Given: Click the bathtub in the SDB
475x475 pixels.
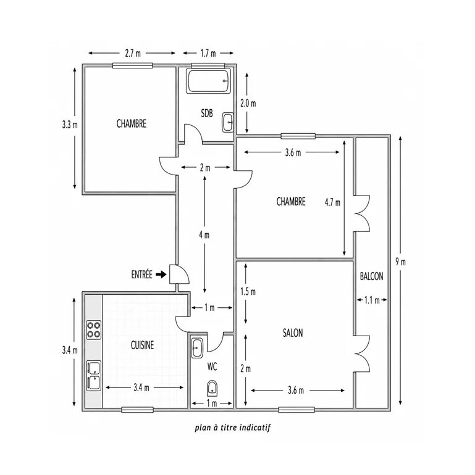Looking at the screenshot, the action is [x=209, y=81].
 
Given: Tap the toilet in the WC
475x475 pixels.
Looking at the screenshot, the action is [x=212, y=389].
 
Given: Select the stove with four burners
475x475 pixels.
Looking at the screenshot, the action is [x=93, y=330].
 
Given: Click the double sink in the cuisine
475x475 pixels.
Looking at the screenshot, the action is [x=93, y=376].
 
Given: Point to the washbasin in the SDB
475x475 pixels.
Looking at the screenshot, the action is [x=228, y=122].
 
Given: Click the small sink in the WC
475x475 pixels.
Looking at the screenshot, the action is [x=197, y=348].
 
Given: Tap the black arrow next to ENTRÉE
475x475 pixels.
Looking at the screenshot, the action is [x=161, y=275].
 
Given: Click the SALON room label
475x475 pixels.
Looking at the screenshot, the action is [x=293, y=333].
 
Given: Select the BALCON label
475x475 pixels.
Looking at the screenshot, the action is [x=372, y=276].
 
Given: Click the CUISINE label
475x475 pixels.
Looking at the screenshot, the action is [x=142, y=345].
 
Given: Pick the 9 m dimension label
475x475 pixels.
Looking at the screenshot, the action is [x=400, y=262].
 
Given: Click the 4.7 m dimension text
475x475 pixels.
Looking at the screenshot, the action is [x=332, y=202].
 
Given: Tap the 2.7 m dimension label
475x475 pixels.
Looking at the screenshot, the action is [x=133, y=53].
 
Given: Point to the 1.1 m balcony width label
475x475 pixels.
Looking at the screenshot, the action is [x=372, y=300].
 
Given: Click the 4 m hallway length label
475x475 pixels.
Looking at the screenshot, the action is [x=204, y=235].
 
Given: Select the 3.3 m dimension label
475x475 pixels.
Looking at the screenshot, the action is [x=70, y=125].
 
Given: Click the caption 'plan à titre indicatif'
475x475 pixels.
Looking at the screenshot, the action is [x=233, y=427].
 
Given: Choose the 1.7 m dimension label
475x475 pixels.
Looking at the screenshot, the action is [x=208, y=53].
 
